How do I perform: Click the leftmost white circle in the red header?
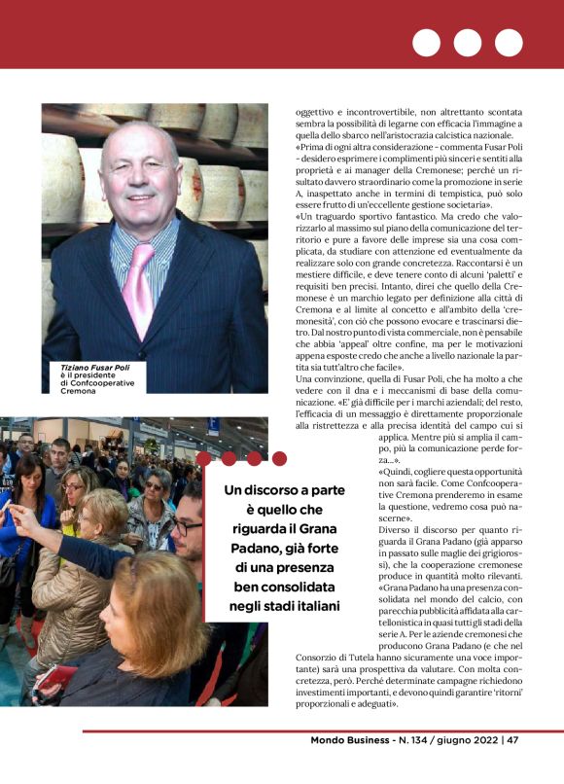tap(426, 43)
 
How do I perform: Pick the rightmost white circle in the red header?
tap(509, 43)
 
